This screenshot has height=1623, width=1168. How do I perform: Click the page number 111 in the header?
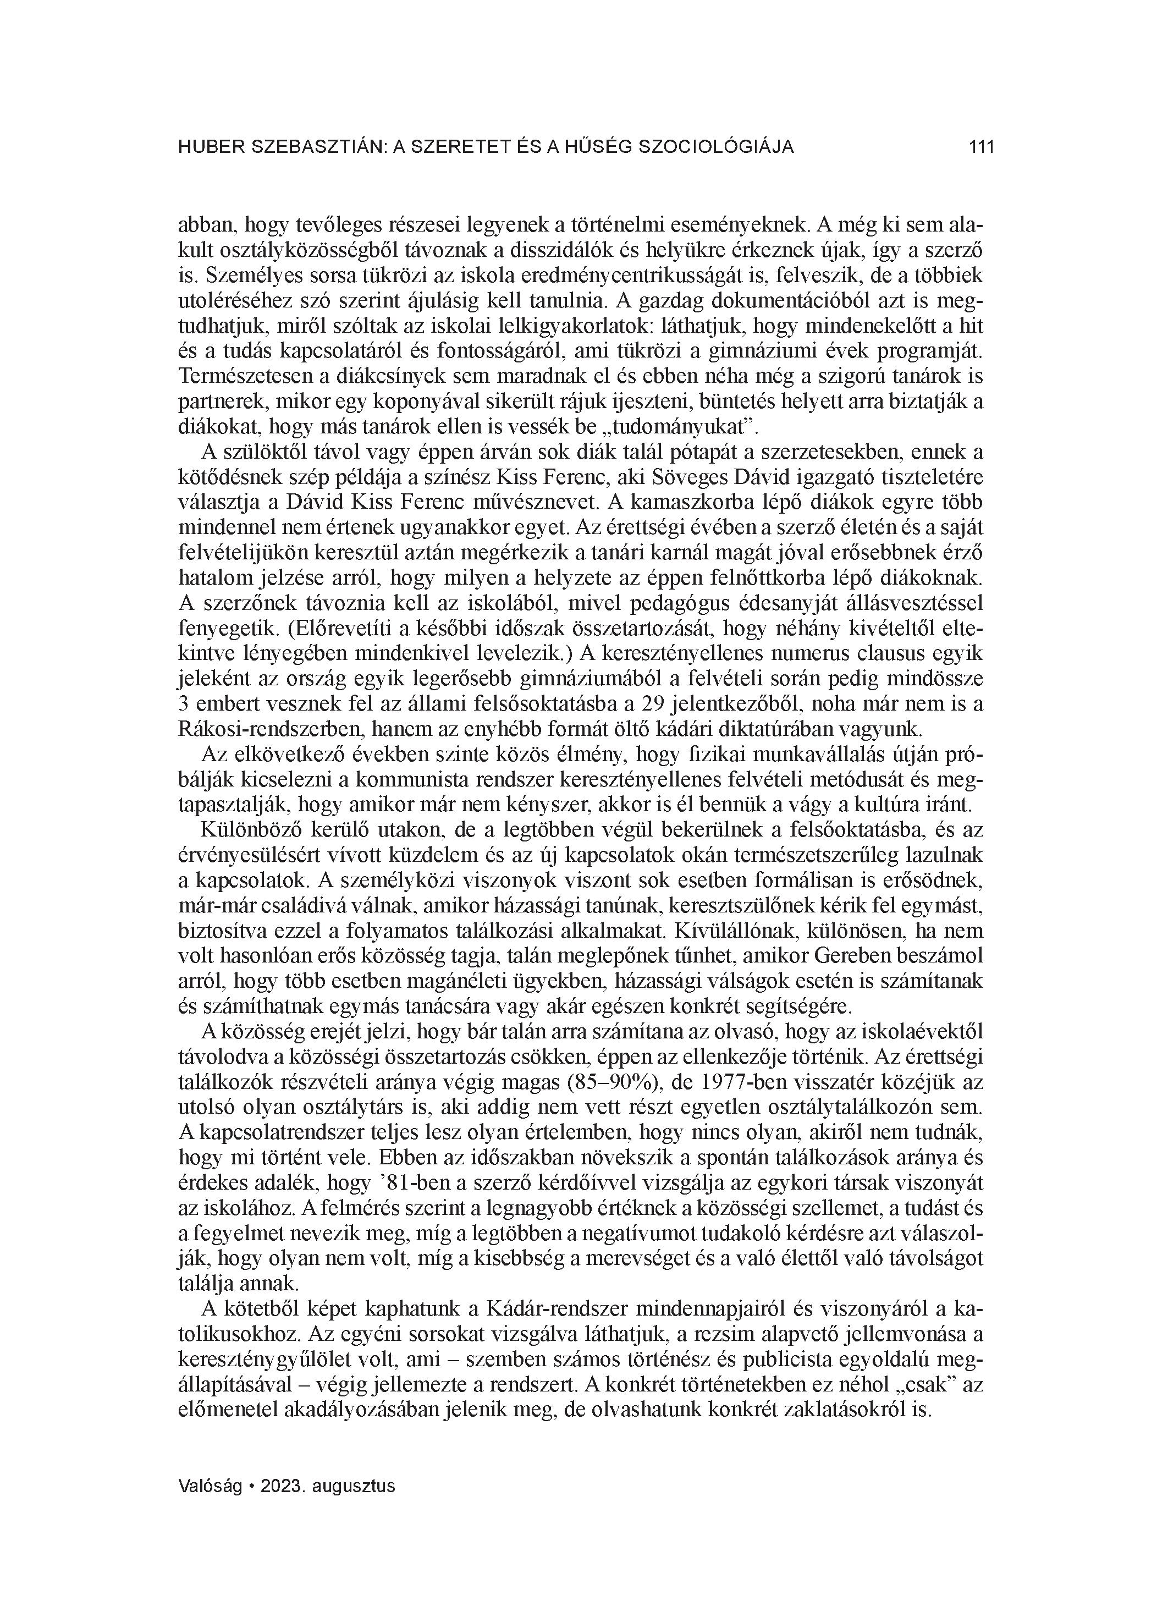981,147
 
